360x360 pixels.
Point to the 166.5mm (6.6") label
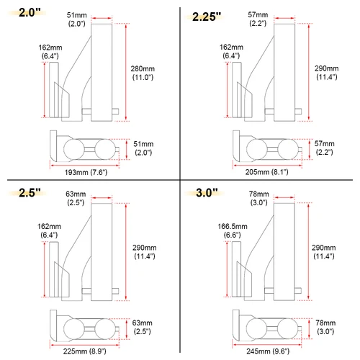[x=232, y=230]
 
